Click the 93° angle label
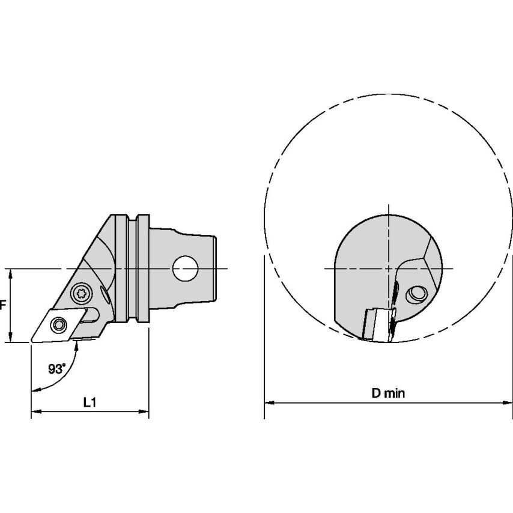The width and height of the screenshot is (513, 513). coord(57,369)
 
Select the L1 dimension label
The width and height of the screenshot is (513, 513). coord(90,402)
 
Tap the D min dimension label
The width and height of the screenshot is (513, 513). coord(388,393)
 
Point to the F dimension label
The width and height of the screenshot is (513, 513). coord(3,305)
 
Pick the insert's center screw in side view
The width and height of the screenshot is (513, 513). coord(58,325)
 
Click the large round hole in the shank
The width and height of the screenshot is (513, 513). coord(185,269)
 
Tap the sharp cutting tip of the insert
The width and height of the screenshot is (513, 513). coord(32,341)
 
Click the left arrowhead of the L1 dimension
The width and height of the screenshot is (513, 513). coord(36,411)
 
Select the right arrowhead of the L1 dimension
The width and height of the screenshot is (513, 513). coord(144,411)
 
